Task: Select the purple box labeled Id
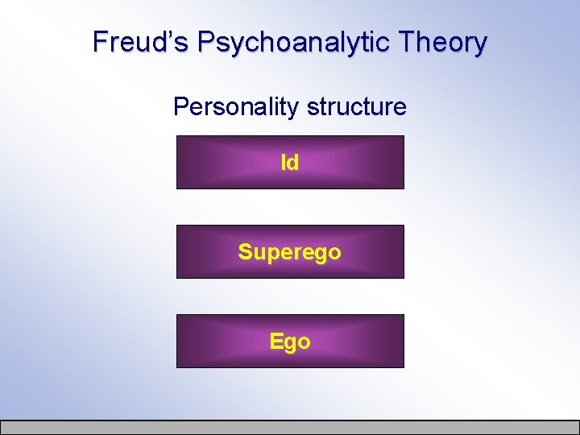[x=290, y=162]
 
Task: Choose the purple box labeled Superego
[x=290, y=251]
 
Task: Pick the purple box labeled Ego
[x=290, y=341]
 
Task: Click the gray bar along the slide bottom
[x=290, y=427]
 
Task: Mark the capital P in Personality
[x=180, y=106]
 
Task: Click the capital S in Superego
[x=245, y=252]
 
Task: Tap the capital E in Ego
[x=276, y=341]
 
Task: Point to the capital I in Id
[x=283, y=163]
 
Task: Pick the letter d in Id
[x=293, y=163]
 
